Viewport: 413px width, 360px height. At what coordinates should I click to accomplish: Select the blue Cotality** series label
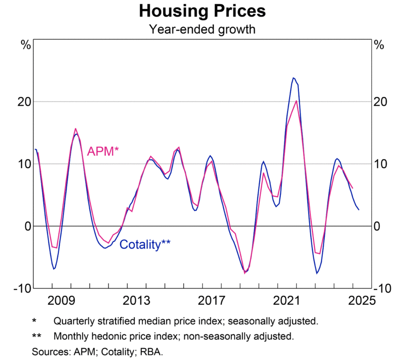click(145, 244)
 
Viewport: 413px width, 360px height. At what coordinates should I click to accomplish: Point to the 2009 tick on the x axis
click(60, 300)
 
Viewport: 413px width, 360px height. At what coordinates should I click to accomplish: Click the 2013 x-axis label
click(136, 300)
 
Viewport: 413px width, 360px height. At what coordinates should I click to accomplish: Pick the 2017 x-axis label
click(211, 300)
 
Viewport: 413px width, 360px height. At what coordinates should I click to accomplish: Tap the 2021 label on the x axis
click(287, 300)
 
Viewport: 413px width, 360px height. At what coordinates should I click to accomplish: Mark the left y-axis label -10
click(22, 288)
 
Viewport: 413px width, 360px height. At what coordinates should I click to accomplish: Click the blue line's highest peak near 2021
click(293, 78)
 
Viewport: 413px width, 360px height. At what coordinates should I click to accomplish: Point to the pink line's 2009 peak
click(75, 128)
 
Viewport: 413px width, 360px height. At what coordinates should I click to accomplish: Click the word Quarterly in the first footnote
click(74, 321)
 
